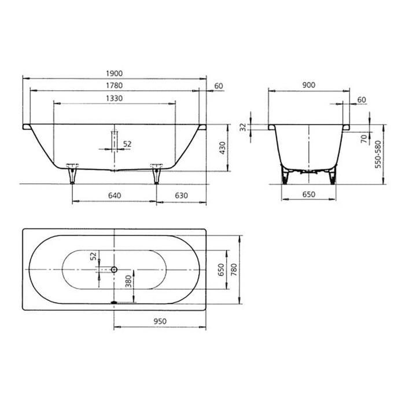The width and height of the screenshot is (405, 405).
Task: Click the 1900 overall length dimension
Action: (114, 73)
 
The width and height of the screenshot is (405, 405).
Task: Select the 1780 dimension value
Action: (114, 86)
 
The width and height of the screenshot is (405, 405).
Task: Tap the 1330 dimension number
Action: (114, 99)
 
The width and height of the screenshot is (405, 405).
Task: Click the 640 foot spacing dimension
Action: (114, 196)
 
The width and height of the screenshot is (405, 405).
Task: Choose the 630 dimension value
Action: (182, 196)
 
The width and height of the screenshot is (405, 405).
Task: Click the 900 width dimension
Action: (308, 85)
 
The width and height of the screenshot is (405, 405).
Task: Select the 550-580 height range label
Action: (378, 153)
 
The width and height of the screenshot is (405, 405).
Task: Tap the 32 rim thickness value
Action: (243, 127)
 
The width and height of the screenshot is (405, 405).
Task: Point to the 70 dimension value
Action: (363, 139)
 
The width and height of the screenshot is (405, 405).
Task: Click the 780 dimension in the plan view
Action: (234, 270)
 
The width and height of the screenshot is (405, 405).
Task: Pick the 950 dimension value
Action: (160, 321)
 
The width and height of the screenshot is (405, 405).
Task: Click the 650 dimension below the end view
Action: (308, 195)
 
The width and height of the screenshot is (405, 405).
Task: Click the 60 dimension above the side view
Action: (218, 86)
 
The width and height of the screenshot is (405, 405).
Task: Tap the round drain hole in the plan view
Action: (114, 270)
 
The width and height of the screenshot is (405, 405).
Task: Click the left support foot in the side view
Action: (72, 173)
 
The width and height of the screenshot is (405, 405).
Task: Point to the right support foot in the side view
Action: (156, 173)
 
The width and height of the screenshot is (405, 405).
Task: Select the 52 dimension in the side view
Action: (127, 143)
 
